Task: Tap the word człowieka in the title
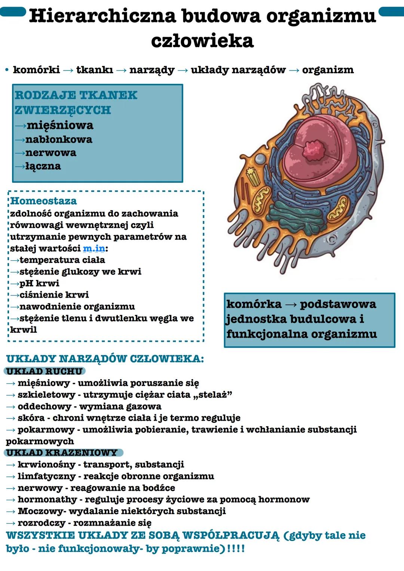(202, 40)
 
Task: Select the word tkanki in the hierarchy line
(94, 70)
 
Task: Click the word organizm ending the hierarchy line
(328, 70)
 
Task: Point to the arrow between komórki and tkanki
(68, 70)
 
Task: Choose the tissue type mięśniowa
(60, 125)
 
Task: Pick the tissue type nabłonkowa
(59, 139)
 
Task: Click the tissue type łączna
(43, 166)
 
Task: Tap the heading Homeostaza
(43, 201)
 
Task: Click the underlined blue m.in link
(94, 248)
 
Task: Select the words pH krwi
(39, 283)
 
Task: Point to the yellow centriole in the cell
(254, 176)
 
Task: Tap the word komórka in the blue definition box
(254, 304)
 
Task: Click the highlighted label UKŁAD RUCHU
(45, 371)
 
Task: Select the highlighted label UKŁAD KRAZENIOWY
(62, 452)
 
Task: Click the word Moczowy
(41, 511)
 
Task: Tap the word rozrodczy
(42, 523)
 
